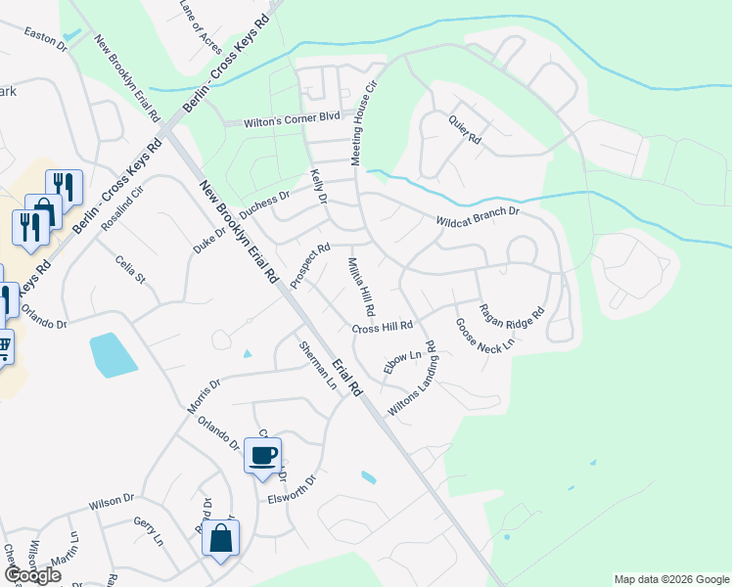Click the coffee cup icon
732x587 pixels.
[x=262, y=455]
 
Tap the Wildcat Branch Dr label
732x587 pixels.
[x=477, y=215]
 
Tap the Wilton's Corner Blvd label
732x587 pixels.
[x=282, y=119]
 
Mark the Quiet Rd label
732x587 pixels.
[x=465, y=127]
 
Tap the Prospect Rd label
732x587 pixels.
[x=310, y=265]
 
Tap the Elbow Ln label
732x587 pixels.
[x=401, y=360]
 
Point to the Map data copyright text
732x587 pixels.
[x=670, y=579]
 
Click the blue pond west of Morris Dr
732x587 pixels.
[x=112, y=355]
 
